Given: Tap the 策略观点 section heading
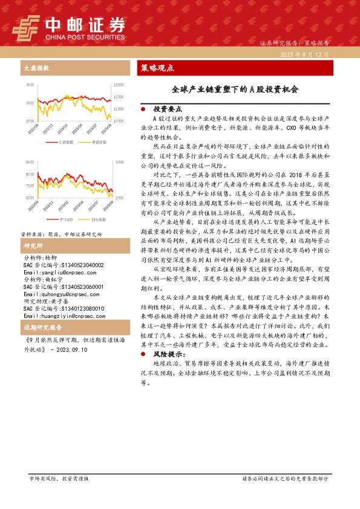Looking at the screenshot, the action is pos(157,68).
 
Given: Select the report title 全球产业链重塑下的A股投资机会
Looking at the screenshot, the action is pos(235,89).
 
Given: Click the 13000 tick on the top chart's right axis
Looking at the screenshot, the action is pos(119,85).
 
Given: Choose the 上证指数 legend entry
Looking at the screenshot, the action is pos(67,142).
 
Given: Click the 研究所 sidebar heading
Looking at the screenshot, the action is pos(33,246).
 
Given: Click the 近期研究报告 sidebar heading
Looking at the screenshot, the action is pos(43,328).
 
